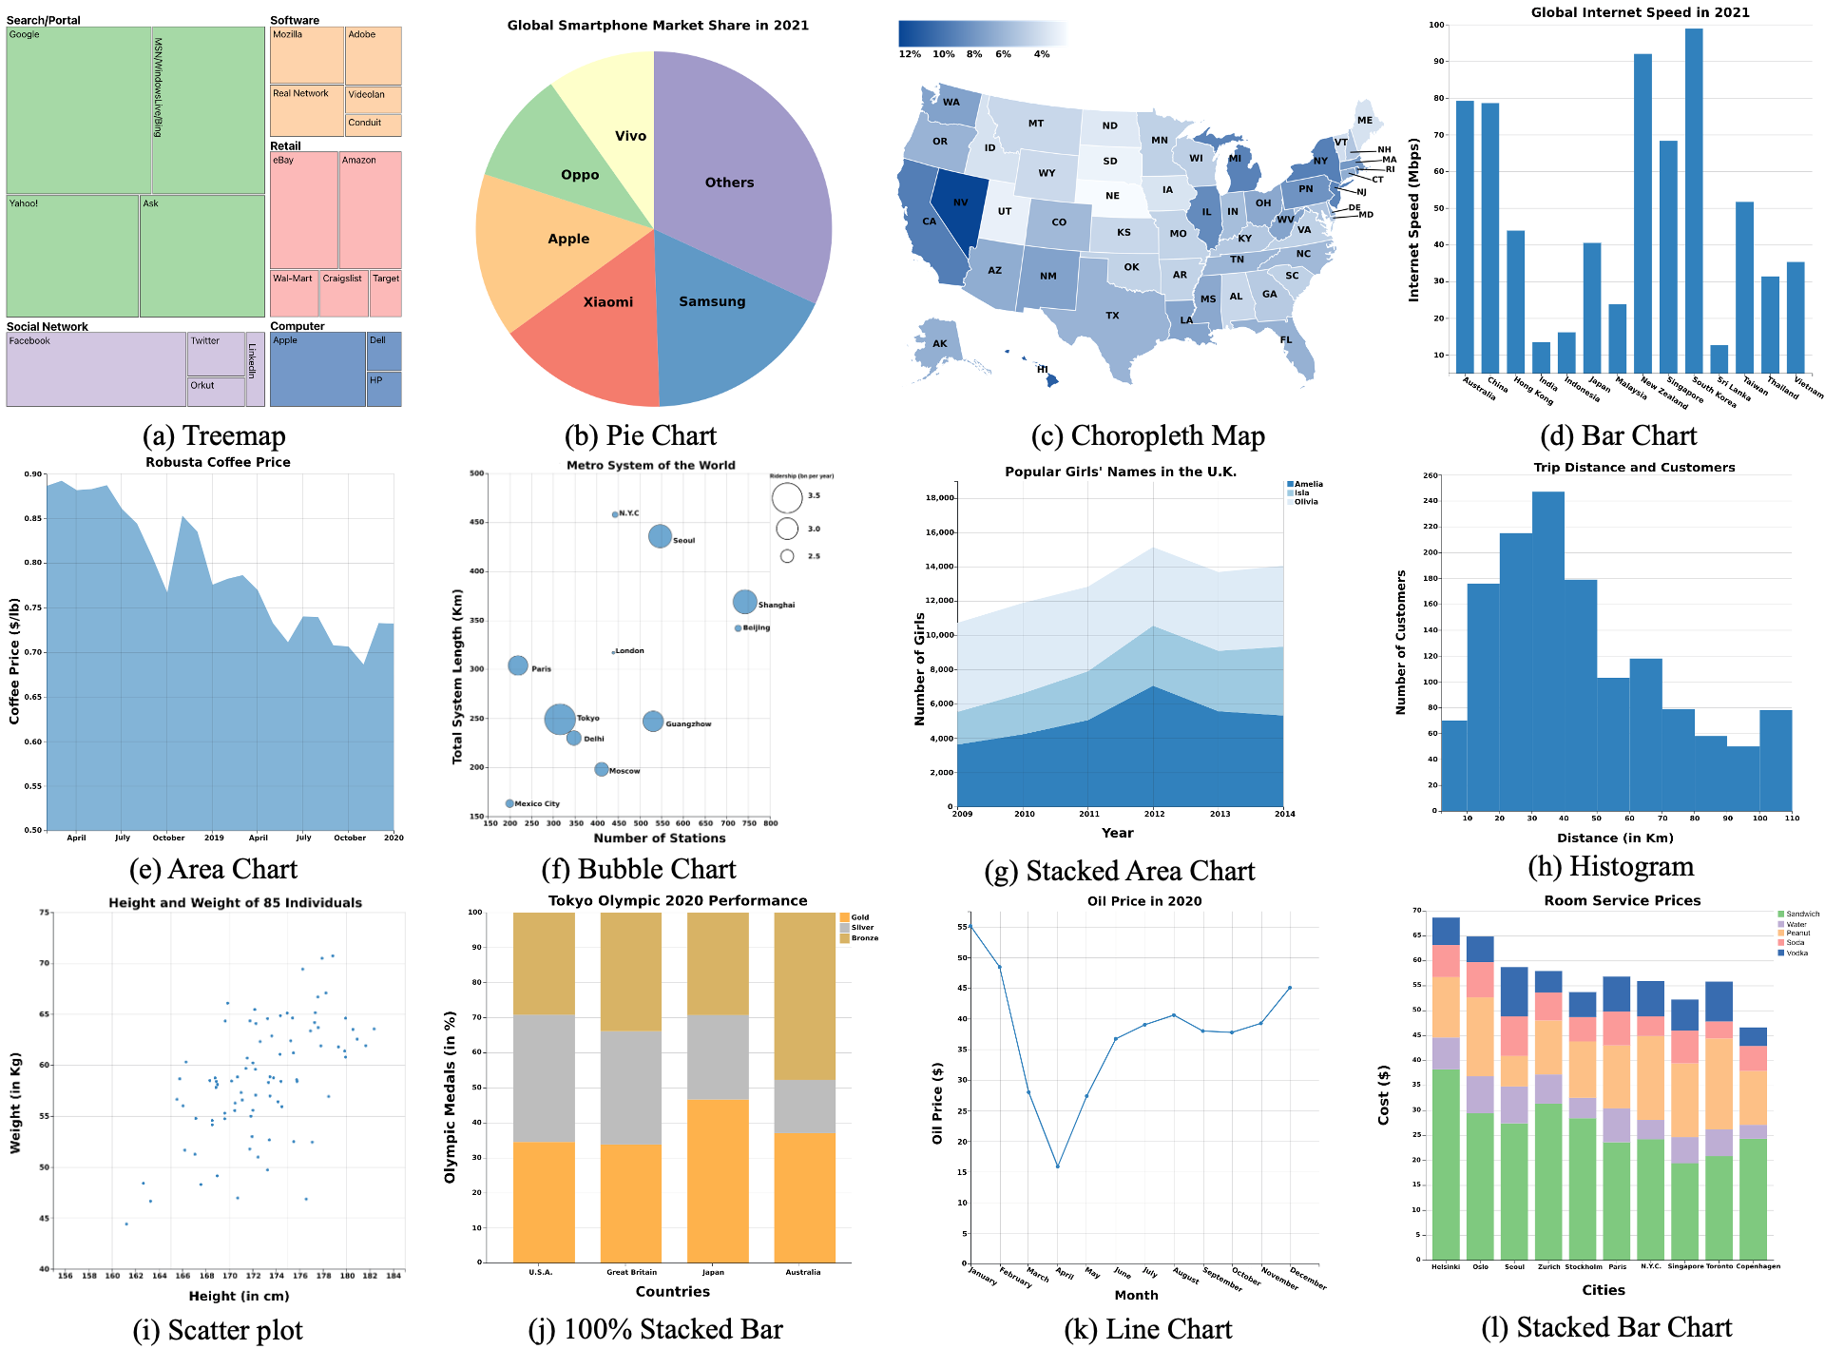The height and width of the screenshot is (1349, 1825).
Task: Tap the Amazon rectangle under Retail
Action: (370, 209)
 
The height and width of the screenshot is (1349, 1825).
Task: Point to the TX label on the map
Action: (1112, 316)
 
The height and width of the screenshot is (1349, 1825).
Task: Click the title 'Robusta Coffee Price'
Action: (218, 462)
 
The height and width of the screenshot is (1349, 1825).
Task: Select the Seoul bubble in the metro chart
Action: (660, 536)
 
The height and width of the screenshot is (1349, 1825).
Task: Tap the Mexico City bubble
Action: (509, 803)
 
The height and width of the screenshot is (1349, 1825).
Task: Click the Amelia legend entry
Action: (1308, 484)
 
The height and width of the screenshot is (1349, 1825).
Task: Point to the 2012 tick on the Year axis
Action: (1154, 814)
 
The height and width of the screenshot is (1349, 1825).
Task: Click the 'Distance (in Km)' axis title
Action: (1615, 838)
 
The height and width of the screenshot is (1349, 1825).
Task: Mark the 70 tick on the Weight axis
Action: (44, 963)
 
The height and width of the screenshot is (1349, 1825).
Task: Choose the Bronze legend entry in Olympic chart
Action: (864, 938)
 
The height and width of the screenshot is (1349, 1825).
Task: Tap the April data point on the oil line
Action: (1057, 1166)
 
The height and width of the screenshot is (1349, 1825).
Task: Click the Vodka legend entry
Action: (1796, 953)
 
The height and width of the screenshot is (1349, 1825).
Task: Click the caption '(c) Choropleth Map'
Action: (1147, 435)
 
